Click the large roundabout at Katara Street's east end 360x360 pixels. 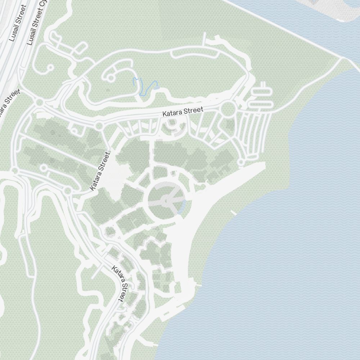click(x=228, y=109)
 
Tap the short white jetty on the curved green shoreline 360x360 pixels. click(x=233, y=213)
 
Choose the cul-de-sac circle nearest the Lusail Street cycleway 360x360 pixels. click(x=50, y=67)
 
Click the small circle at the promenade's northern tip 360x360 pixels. click(x=241, y=163)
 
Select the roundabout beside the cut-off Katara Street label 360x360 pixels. click(x=40, y=103)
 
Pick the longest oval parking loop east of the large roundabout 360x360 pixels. click(x=260, y=104)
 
